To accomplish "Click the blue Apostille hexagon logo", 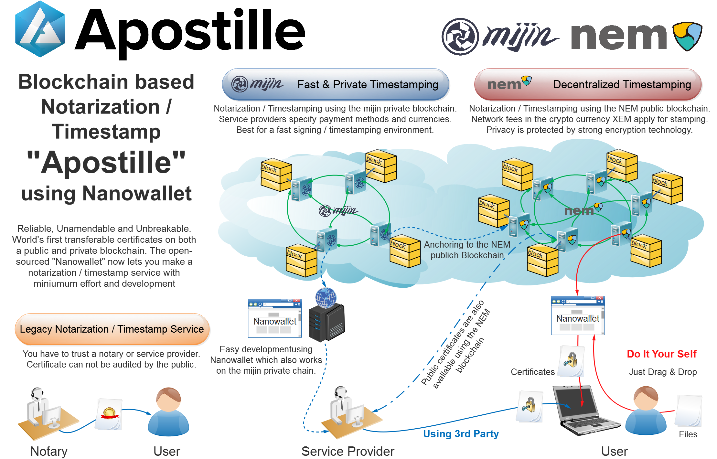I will tap(40, 29).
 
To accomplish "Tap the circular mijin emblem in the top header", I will tap(460, 37).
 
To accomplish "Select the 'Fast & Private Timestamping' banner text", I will tap(368, 85).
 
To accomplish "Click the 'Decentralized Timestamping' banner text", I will tap(622, 85).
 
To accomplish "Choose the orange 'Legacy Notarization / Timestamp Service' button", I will tap(112, 329).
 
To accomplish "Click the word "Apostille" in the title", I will tap(106, 162).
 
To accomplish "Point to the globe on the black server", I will tap(326, 297).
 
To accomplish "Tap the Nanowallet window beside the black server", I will tap(275, 319).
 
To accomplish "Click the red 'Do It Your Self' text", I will tap(661, 354).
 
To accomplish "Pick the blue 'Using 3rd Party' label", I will tap(461, 434).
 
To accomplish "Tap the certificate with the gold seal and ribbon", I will tap(109, 414).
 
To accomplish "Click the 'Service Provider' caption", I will tap(348, 451).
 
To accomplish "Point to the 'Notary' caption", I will tap(49, 451).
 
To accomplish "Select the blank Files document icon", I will tap(688, 411).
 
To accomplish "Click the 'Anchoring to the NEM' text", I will tap(467, 245).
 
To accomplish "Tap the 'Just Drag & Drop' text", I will tap(663, 372).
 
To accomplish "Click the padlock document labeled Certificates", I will tap(571, 361).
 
